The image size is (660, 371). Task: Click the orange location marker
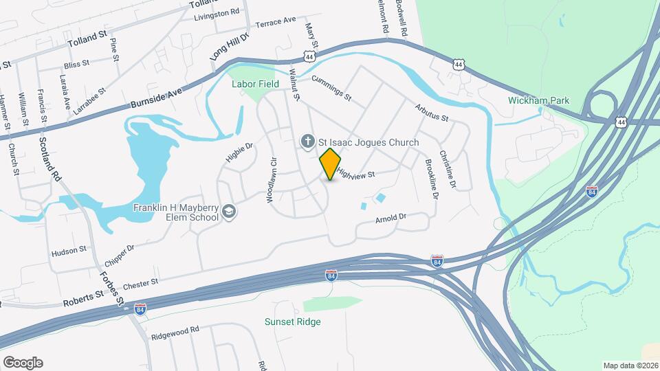[331, 164]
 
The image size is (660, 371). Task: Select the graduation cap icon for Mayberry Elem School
[228, 213]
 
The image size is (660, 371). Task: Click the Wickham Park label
[539, 100]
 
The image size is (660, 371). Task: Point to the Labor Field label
[255, 84]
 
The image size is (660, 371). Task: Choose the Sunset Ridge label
[293, 322]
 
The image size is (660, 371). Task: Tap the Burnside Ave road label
[157, 100]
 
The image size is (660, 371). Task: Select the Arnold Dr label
[391, 218]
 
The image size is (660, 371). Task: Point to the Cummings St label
[331, 87]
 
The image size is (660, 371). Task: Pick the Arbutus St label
[431, 113]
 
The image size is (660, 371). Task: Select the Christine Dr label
[448, 170]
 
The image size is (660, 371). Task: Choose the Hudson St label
[69, 251]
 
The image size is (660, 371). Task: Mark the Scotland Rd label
[51, 159]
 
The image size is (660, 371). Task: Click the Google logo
[23, 362]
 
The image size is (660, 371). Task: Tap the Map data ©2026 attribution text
[629, 366]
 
